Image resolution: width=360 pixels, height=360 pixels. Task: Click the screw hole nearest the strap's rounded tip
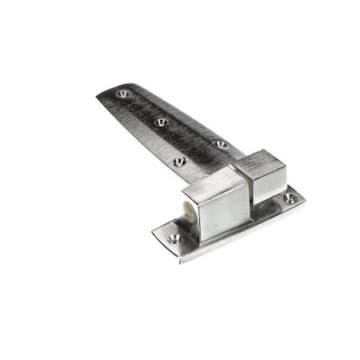click(122, 94)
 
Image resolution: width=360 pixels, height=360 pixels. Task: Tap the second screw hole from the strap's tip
click(161, 122)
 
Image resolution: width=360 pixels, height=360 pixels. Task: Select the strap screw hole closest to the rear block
click(220, 144)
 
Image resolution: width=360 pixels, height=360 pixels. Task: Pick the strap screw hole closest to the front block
click(179, 162)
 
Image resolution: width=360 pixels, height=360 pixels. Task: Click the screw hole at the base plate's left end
click(174, 238)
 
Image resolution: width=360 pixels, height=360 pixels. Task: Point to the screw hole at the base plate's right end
click(290, 198)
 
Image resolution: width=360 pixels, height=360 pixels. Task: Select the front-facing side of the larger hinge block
click(226, 212)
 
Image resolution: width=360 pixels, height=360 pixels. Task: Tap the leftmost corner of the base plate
click(154, 233)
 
